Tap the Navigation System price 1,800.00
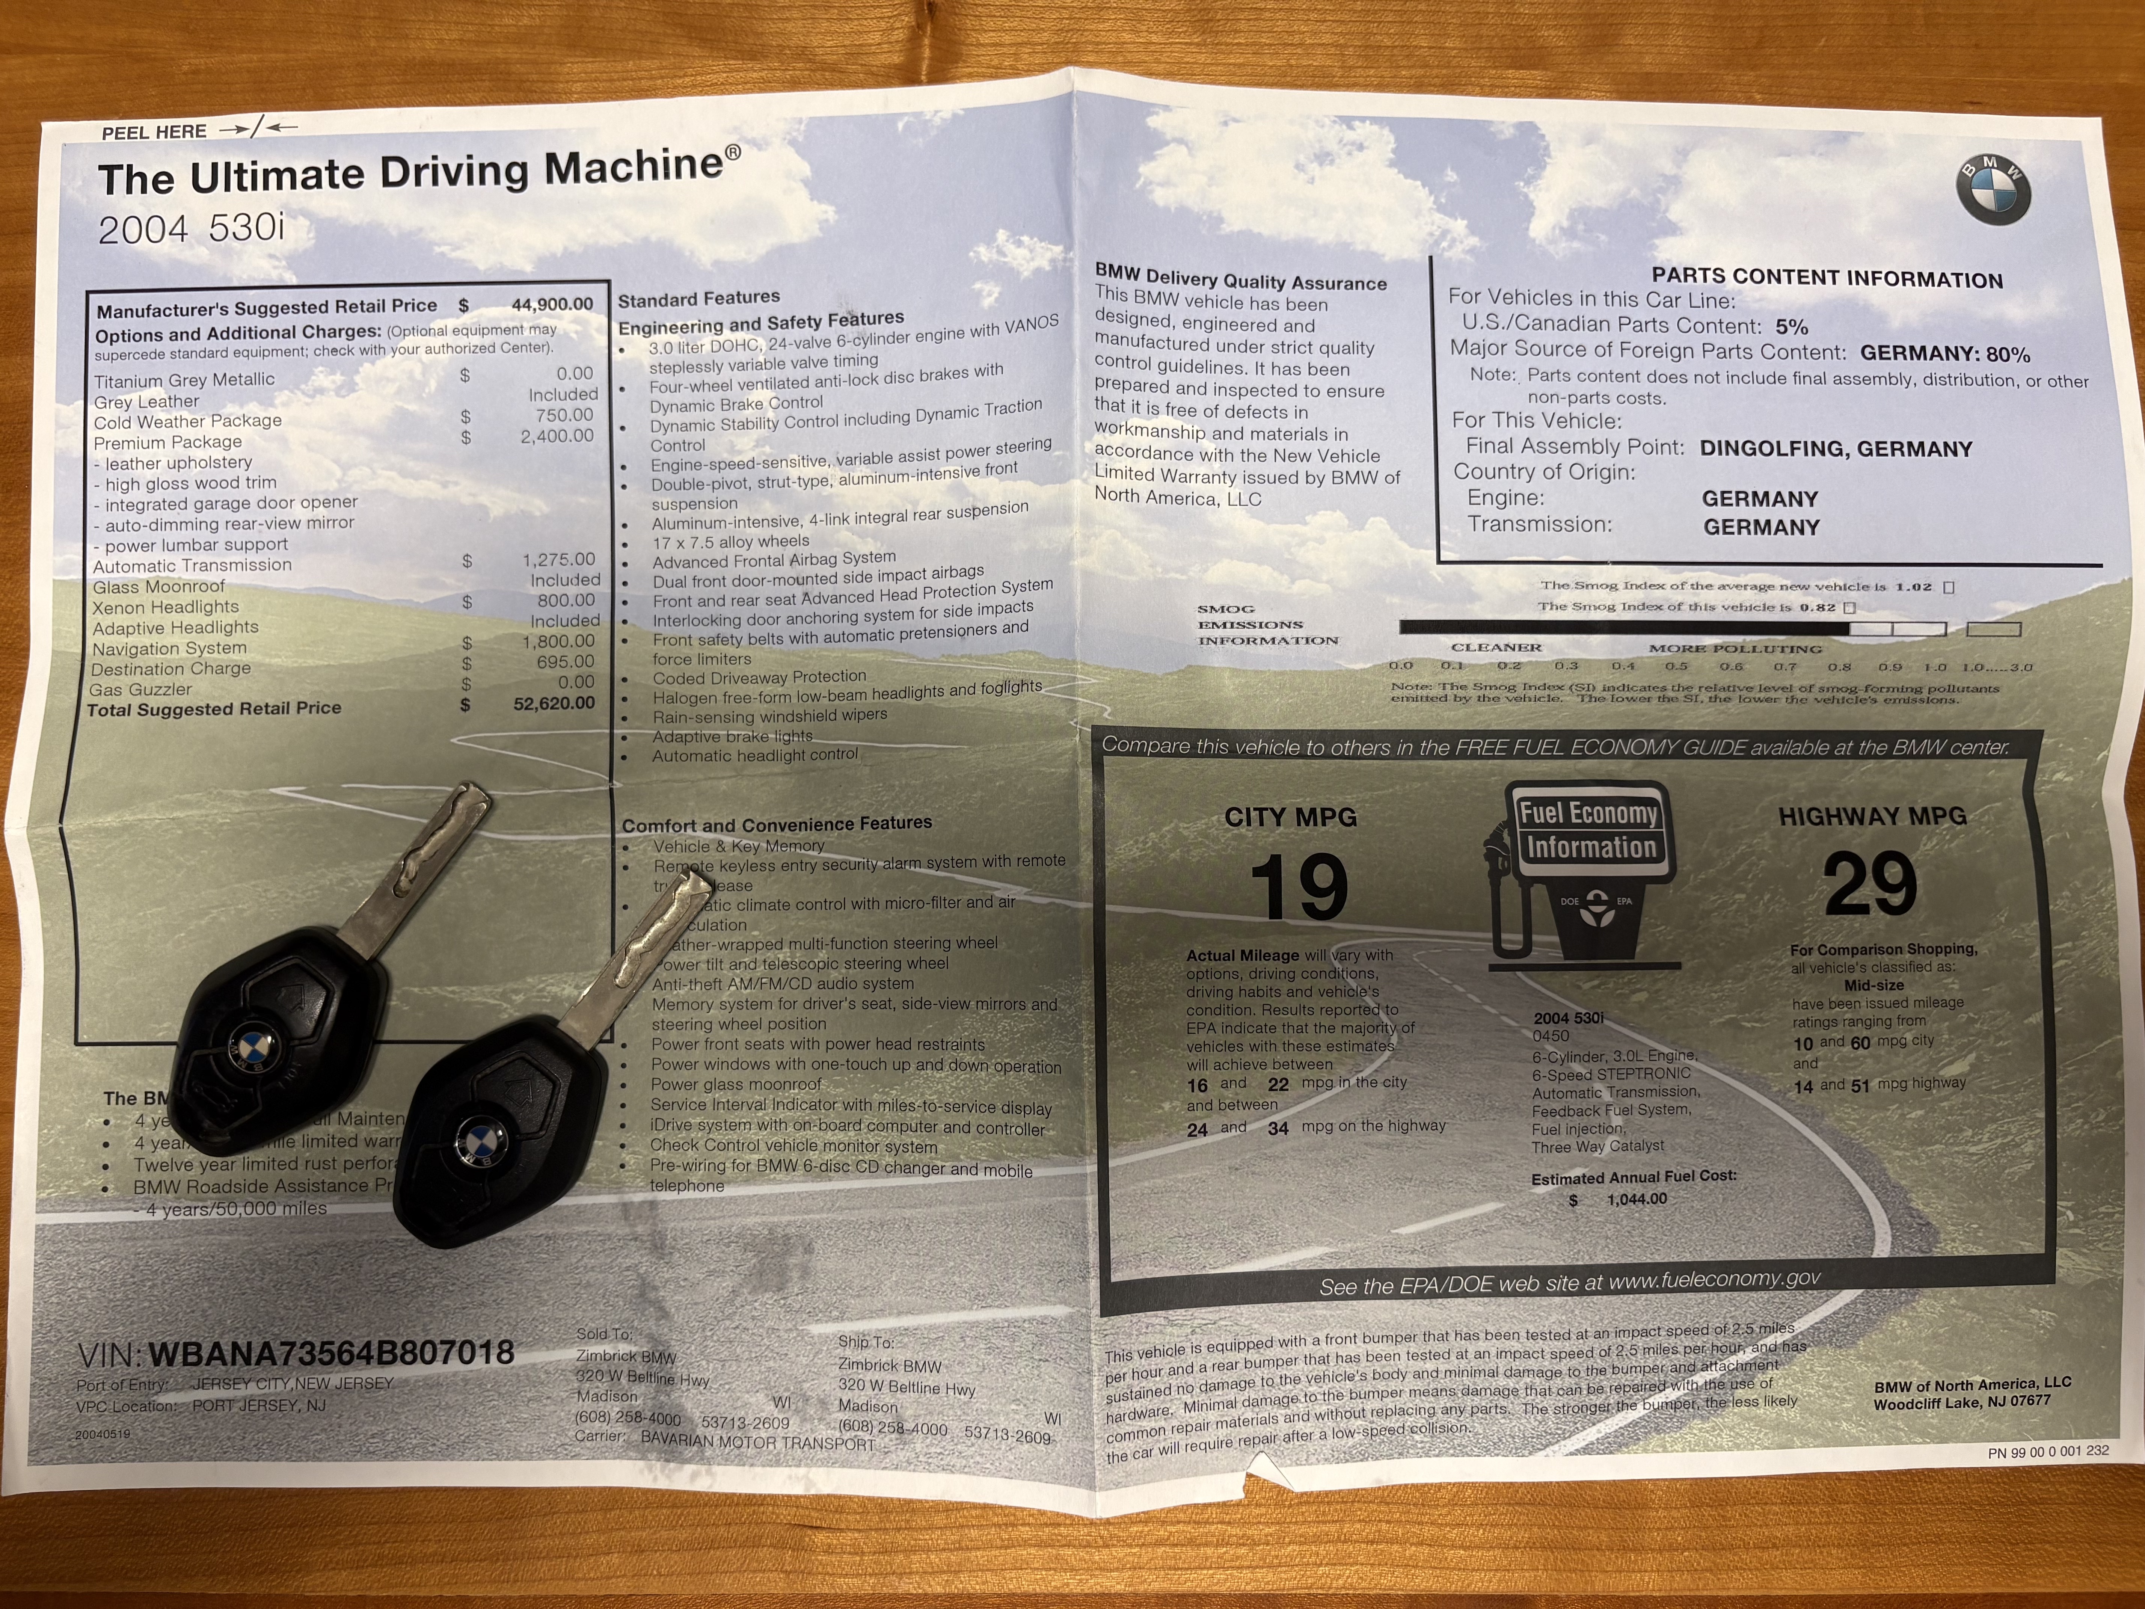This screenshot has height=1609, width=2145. coord(558,641)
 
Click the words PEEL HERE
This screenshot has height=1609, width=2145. coord(154,132)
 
